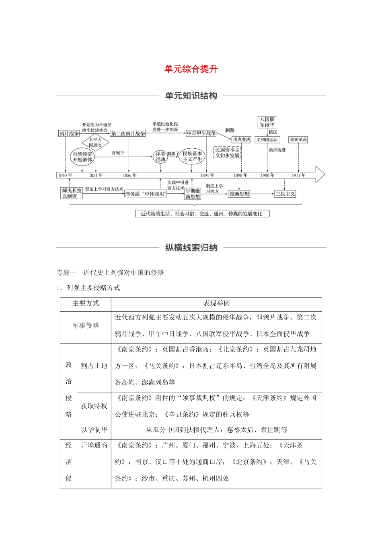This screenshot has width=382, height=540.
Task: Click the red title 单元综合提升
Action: [191, 69]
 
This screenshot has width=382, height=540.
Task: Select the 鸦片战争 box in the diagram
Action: [69, 134]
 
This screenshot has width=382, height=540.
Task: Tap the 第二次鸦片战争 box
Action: [128, 134]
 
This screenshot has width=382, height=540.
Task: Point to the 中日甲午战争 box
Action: [201, 133]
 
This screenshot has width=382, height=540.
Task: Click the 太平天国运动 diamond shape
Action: [95, 142]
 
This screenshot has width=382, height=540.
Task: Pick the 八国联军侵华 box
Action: [267, 122]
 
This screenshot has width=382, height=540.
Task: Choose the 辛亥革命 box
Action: [298, 140]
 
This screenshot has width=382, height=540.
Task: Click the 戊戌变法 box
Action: [241, 140]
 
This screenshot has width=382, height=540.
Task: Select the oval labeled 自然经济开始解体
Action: [82, 157]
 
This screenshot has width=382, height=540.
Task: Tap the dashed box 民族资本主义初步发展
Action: [227, 153]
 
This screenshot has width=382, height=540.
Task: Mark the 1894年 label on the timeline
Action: [207, 175]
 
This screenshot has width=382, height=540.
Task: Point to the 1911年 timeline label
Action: [299, 175]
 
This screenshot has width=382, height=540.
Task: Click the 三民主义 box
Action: [285, 194]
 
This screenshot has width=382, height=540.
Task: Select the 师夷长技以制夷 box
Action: [72, 193]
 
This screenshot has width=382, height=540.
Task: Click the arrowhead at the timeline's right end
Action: [320, 175]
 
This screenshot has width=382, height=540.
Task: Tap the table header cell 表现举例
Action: [216, 304]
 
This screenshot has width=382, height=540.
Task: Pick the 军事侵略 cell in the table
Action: [86, 325]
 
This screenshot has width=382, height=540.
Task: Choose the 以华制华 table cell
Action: [94, 430]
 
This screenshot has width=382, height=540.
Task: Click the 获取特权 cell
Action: [94, 406]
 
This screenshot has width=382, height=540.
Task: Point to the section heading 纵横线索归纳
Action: [191, 247]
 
